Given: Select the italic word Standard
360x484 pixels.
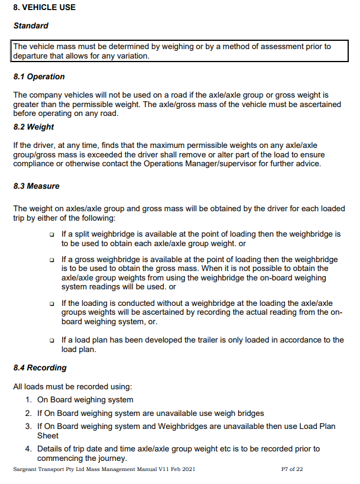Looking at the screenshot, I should coord(30,26).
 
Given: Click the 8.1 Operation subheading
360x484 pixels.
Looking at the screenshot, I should coord(39,77).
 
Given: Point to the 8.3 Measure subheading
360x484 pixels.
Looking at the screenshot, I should coord(36,186).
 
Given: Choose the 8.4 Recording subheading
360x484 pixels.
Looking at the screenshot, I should coord(40,367).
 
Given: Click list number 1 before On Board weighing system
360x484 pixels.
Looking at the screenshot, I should coord(28,400).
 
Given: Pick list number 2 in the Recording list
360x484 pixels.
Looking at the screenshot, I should coord(28,413).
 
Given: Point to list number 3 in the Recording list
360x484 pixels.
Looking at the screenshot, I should coord(28,426).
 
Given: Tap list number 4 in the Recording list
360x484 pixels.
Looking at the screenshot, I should coord(28,449).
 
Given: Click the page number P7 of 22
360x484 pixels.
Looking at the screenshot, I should coord(292,469).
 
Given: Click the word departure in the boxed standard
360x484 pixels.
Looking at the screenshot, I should coord(31,56).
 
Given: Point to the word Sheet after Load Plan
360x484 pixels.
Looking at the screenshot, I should coord(48,435).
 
